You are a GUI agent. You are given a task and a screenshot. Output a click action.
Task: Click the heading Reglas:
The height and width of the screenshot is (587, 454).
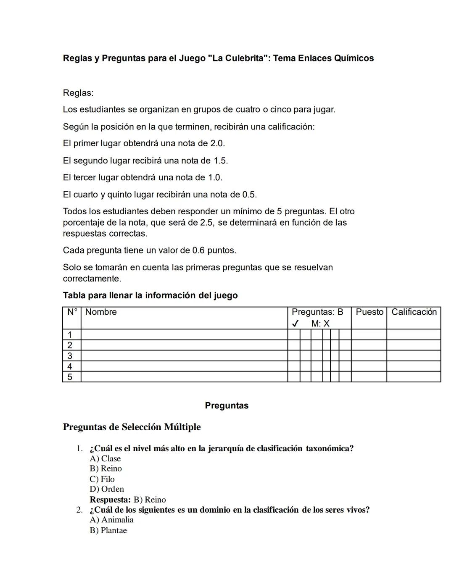point(78,93)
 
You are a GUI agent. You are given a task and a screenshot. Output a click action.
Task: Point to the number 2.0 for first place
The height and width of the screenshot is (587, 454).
point(217,144)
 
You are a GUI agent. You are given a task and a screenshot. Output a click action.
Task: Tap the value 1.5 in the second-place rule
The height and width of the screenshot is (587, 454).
point(220,161)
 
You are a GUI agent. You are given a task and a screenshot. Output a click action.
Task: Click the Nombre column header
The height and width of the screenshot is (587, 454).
point(101,312)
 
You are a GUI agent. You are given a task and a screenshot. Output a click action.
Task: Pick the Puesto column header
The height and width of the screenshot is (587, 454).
point(369,312)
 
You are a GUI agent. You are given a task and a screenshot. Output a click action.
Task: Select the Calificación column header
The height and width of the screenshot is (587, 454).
point(414,312)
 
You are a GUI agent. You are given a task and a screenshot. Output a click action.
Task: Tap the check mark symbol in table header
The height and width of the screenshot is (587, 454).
point(295,324)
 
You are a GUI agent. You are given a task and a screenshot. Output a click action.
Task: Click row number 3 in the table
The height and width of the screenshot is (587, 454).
point(70,356)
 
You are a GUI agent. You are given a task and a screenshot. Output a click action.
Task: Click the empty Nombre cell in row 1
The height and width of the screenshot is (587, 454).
point(184,335)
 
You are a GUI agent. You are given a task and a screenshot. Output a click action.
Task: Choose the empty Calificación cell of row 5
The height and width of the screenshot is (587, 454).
point(414,377)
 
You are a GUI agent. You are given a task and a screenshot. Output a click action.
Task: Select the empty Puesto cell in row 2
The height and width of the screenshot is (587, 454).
point(369,345)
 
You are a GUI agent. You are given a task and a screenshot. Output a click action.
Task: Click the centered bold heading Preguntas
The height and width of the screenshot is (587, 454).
point(227,406)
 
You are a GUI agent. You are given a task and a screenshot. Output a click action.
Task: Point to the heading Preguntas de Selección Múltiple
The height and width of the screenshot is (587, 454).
point(132,427)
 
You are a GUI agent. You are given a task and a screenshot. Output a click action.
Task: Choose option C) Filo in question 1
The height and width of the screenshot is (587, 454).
point(102,479)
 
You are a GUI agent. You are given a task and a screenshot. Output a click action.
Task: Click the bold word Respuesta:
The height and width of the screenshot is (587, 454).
point(110,500)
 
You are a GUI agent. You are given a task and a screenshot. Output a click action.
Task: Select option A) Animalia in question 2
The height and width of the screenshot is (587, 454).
point(112,520)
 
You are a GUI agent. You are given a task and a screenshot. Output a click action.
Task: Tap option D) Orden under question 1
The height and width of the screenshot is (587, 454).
point(107,490)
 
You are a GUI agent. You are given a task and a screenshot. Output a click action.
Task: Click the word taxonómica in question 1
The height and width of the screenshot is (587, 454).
point(329,449)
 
